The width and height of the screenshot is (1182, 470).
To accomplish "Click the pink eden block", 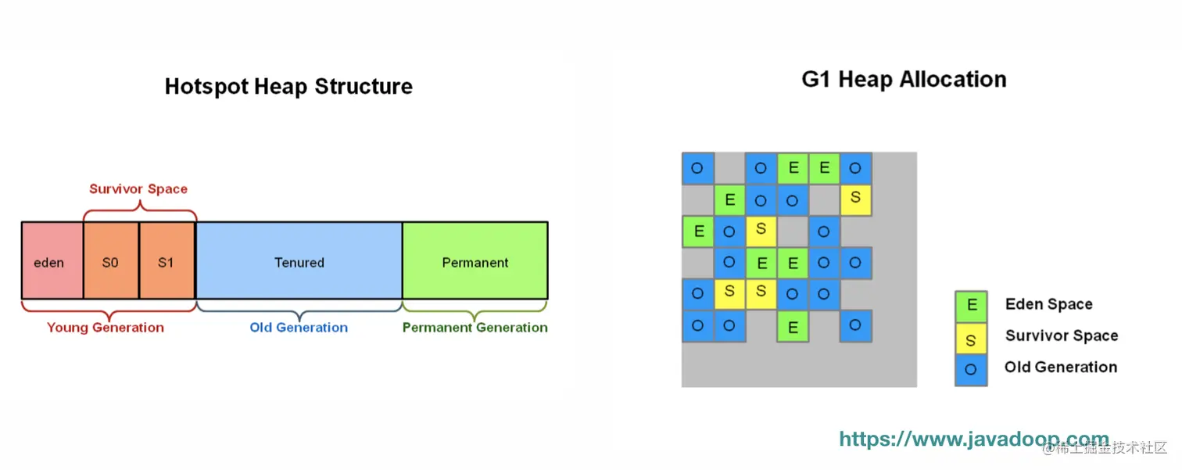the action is pos(52,261).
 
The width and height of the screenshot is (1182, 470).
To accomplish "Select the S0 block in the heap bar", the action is pos(111,261).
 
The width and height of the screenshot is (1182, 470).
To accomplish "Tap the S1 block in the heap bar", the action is pos(167,261).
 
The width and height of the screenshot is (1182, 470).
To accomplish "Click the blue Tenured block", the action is pos(299,261).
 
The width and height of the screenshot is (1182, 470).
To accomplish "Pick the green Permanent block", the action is pos(475,261).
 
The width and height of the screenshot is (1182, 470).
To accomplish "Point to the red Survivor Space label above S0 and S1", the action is pos(138,189).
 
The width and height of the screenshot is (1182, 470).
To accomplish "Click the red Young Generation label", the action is pos(105,328).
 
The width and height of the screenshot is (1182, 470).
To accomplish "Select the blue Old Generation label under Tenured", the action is pos(299,328).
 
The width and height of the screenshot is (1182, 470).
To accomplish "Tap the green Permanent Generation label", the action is pos(475,328).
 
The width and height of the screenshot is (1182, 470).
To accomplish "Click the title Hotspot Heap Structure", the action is pos(288,87).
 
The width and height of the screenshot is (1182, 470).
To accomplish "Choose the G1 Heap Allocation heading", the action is pos(904,80).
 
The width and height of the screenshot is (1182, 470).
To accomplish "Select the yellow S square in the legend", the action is pos(971,339).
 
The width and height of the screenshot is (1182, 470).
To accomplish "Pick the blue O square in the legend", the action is pos(971,370).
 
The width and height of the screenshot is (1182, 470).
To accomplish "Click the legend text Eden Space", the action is pos(1049,304).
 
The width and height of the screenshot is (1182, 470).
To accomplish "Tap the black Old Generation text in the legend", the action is pos(1061,367).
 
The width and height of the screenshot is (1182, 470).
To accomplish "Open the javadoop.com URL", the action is pos(974,440).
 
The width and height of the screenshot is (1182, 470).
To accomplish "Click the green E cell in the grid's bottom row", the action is pos(793,326).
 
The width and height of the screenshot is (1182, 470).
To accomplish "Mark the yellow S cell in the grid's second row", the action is pos(855,199).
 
